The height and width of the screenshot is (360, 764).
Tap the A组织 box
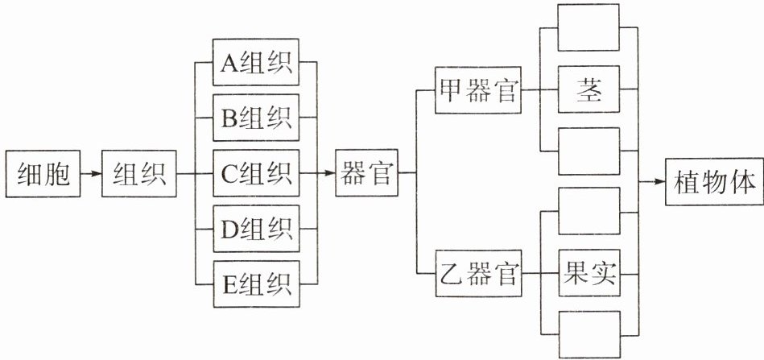256,62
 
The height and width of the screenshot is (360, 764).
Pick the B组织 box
256,118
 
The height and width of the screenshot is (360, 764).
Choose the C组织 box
256,174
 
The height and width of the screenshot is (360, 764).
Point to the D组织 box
256,230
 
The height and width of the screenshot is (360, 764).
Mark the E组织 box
256,285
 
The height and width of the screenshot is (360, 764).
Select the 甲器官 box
477,89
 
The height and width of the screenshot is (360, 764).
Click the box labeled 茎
589,89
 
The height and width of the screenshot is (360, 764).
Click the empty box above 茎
589,28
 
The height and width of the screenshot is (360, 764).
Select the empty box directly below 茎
589,151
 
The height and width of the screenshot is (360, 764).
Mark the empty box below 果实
589,334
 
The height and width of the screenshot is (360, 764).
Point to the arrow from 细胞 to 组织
89,174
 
